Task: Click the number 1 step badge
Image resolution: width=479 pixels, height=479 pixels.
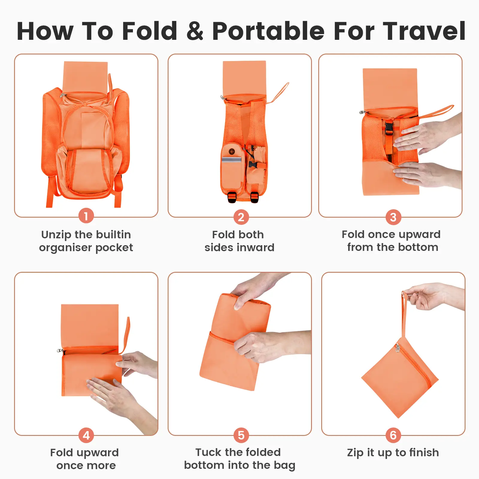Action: [x=86, y=216]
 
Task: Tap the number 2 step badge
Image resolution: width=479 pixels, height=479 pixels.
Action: [x=241, y=217]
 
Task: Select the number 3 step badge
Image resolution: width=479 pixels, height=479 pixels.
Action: [x=393, y=217]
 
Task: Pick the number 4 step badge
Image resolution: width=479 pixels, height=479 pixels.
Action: [x=86, y=435]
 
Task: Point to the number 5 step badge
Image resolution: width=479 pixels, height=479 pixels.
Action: [x=241, y=435]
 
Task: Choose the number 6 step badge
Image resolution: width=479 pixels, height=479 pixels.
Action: [x=393, y=435]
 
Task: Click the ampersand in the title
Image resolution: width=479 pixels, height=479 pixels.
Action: [x=195, y=31]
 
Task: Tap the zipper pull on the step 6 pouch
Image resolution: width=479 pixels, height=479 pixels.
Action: [x=398, y=348]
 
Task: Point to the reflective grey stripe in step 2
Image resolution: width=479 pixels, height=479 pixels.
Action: [x=231, y=159]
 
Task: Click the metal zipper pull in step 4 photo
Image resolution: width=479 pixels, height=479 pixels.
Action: [x=60, y=351]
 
